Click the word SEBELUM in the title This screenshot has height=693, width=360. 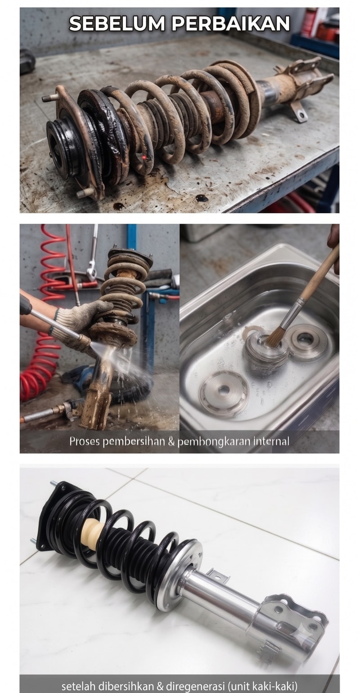(x=117, y=23)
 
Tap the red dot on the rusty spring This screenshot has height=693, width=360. (x=144, y=158)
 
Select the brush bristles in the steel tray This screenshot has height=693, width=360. (x=274, y=338)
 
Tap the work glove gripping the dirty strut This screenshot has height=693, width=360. (x=83, y=319)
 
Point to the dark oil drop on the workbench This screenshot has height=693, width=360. (x=202, y=198)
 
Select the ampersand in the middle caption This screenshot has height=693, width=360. (x=171, y=441)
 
